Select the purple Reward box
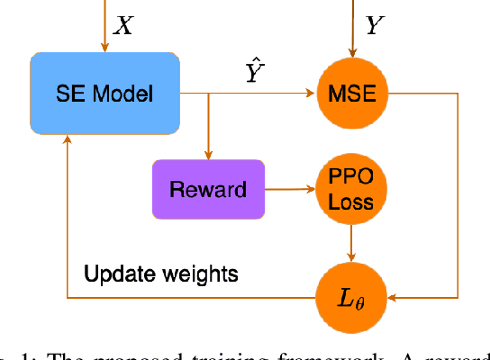pos(209,189)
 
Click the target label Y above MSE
pos(374,25)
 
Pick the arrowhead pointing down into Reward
pos(209,153)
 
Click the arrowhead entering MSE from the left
pos(311,92)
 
